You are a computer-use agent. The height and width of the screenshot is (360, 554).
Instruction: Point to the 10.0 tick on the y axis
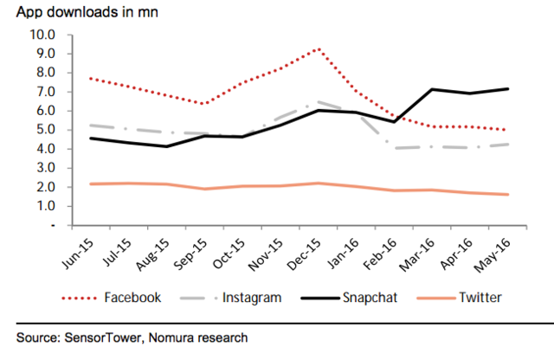42,35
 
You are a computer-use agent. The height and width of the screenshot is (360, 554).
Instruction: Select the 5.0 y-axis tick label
45,130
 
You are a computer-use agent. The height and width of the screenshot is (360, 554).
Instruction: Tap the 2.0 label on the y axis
45,187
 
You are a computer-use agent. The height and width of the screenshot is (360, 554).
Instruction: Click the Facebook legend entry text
132,298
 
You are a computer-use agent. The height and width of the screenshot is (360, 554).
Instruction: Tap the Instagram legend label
251,298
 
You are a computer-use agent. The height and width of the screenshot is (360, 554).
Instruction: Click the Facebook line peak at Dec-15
320,48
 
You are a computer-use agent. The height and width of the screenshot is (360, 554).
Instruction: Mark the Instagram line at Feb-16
395,148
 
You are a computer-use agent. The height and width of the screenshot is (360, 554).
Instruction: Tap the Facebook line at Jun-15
90,78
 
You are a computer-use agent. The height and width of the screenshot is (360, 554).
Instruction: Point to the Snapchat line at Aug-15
166,146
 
